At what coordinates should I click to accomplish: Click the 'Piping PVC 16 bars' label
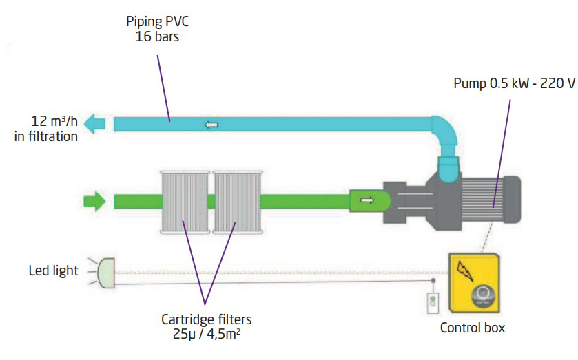point(156,28)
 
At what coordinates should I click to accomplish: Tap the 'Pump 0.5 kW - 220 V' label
point(513,84)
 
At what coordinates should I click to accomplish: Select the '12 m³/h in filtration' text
point(46,129)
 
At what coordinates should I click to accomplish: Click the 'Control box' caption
point(472,327)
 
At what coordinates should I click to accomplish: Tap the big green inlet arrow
point(94,202)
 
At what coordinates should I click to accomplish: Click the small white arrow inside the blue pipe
point(211,125)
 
